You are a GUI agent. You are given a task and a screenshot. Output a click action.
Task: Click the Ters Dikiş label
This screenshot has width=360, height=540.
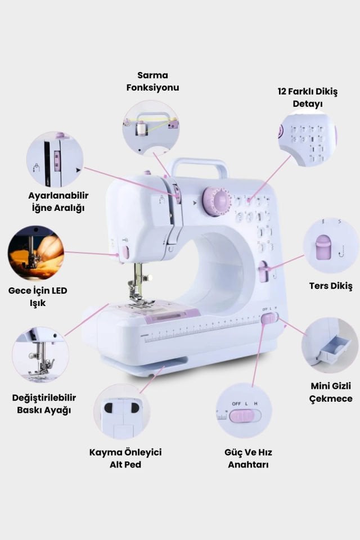[x=331, y=286]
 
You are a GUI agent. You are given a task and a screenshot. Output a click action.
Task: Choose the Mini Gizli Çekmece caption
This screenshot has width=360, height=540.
[x=331, y=392]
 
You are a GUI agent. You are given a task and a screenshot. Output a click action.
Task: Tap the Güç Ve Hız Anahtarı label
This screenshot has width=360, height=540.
[x=248, y=458]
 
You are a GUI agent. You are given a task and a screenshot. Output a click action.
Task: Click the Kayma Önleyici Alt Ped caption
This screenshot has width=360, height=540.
[x=125, y=458]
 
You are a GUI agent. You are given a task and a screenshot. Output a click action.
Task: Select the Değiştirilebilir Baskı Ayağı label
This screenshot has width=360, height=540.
[x=44, y=404]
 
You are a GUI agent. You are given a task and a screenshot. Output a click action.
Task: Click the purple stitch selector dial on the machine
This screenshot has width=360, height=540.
[x=217, y=201]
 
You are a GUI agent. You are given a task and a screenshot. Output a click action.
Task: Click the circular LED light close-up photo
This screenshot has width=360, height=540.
[x=36, y=253]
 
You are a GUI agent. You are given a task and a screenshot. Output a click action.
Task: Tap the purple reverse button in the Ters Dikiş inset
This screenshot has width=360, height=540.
[x=323, y=248]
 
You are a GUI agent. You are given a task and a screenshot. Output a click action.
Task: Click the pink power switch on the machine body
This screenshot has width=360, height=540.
[x=269, y=319]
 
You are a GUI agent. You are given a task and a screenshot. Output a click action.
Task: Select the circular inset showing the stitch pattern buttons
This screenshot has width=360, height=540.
[x=307, y=138]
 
